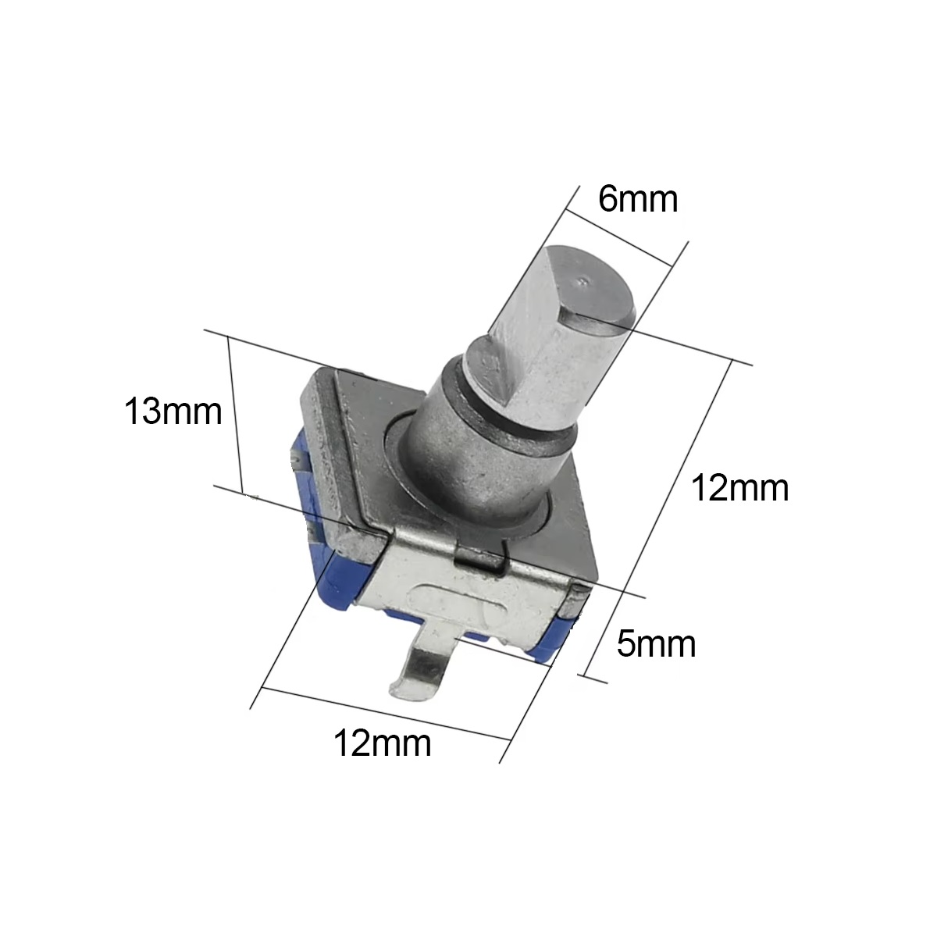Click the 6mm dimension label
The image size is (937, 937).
pos(637,199)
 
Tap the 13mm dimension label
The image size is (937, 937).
pos(173,411)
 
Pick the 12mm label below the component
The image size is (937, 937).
pos(382,743)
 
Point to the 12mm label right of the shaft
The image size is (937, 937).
pos(739,488)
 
